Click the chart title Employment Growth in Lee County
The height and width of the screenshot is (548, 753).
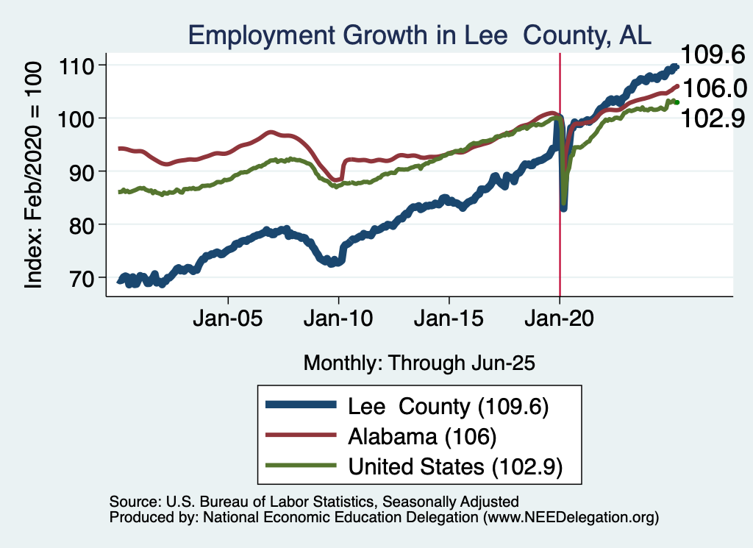pos(419,35)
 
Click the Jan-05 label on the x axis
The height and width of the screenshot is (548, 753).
pos(228,321)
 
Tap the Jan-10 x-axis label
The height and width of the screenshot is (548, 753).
pos(338,321)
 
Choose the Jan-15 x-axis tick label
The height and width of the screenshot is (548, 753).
pos(449,321)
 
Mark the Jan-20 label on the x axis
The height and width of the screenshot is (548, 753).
pos(559,321)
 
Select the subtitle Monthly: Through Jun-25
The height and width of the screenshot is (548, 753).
pos(418,363)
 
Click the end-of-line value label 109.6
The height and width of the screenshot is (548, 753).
pos(712,54)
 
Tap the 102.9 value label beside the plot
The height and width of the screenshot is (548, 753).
pos(712,118)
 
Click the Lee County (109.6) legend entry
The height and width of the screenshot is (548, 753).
pos(449,406)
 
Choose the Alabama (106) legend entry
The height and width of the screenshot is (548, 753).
pos(422,436)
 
